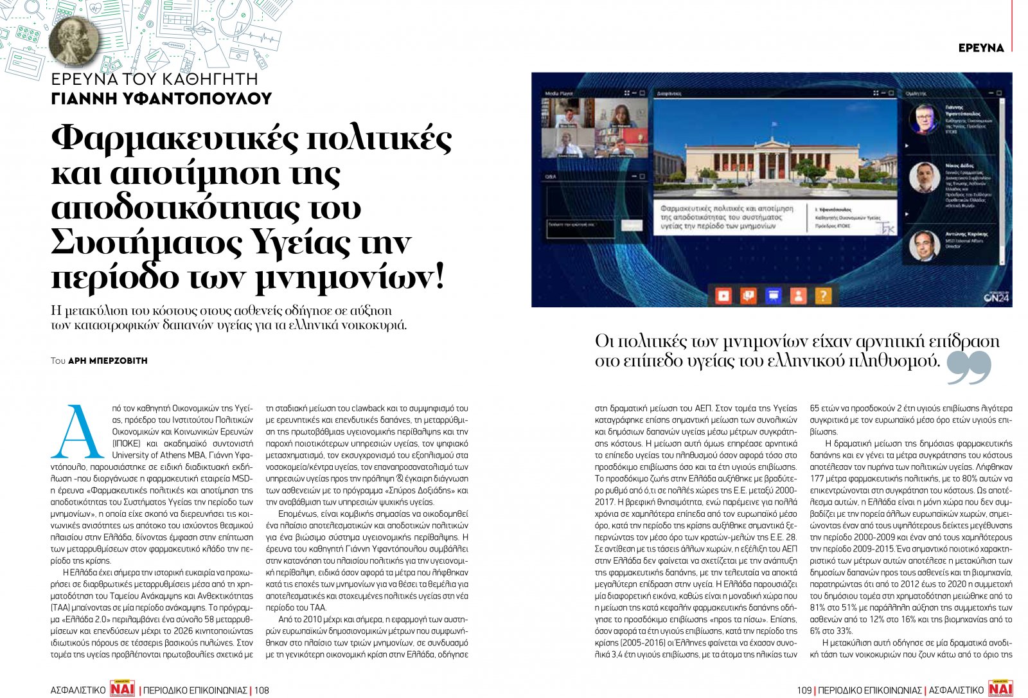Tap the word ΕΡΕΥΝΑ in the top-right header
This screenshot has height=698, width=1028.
980,48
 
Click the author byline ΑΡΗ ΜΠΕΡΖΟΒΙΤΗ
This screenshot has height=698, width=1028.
107,361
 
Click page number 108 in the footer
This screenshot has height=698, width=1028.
261,690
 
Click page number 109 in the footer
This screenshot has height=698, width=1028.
804,690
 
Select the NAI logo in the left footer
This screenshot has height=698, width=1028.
122,688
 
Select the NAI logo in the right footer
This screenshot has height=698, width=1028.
1000,688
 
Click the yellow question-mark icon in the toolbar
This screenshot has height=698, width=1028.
823,296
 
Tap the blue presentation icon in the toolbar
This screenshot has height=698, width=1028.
773,296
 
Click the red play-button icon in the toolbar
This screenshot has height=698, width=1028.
723,296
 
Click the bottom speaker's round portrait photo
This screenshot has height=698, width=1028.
924,245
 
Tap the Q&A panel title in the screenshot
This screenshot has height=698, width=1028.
551,176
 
